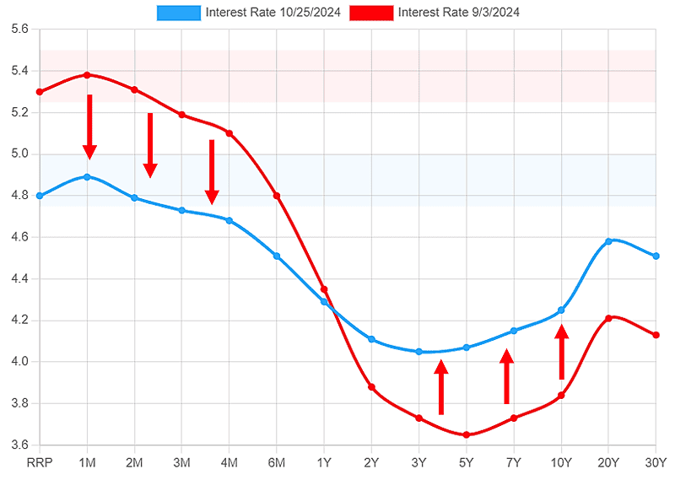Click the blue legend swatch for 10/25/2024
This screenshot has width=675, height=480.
click(x=179, y=13)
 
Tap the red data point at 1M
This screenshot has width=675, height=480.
click(x=88, y=75)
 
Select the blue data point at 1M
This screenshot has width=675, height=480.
click(x=88, y=177)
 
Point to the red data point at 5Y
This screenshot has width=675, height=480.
click(x=467, y=434)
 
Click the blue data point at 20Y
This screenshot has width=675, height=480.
click(x=608, y=241)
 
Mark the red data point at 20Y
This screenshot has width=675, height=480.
click(x=608, y=318)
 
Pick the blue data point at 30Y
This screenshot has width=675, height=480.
click(x=656, y=256)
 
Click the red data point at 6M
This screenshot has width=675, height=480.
click(x=277, y=196)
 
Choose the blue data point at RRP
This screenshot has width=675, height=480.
click(x=40, y=196)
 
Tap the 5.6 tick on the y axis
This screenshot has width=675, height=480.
click(x=19, y=29)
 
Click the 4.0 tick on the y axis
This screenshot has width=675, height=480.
click(x=19, y=362)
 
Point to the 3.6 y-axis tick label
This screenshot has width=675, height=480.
click(x=19, y=445)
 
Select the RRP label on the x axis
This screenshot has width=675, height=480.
click(x=40, y=462)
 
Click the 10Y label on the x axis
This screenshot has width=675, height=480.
click(x=561, y=462)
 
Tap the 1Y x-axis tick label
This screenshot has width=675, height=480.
click(x=324, y=462)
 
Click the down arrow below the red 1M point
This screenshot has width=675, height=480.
click(x=89, y=127)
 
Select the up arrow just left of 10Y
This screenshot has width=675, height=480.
click(x=562, y=353)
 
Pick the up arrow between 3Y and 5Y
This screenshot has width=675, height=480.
click(x=440, y=387)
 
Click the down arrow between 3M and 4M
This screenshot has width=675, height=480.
click(x=212, y=172)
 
